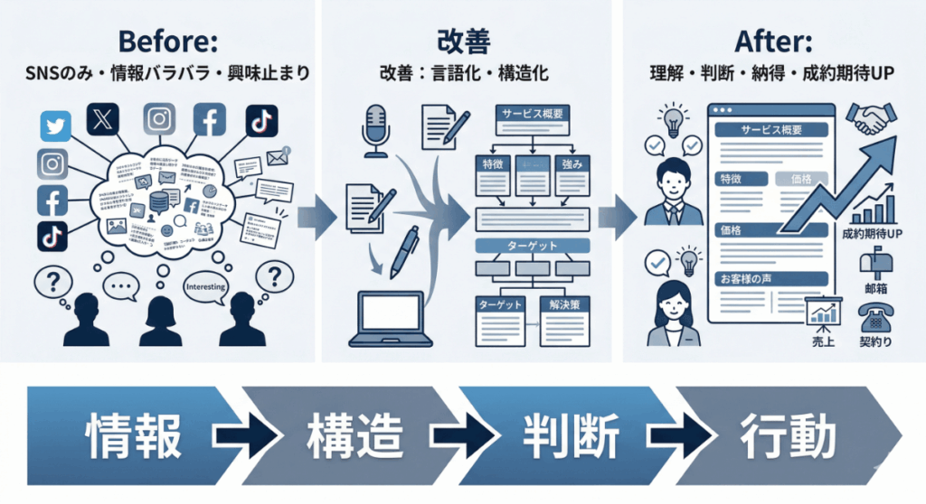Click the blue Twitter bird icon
(x=56, y=125)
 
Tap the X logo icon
(x=101, y=118)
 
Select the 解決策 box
(x=563, y=305)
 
